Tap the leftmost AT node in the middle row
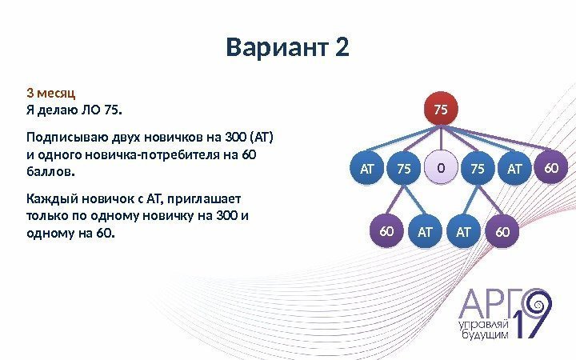pyautogui.click(x=367, y=169)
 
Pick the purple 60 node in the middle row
pyautogui.click(x=550, y=168)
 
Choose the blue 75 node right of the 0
pyautogui.click(x=478, y=169)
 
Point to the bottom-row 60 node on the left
pyautogui.click(x=388, y=231)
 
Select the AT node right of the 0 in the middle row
pyautogui.click(x=514, y=169)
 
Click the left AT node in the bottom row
pyautogui.click(x=425, y=232)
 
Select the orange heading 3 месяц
pyautogui.click(x=52, y=91)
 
